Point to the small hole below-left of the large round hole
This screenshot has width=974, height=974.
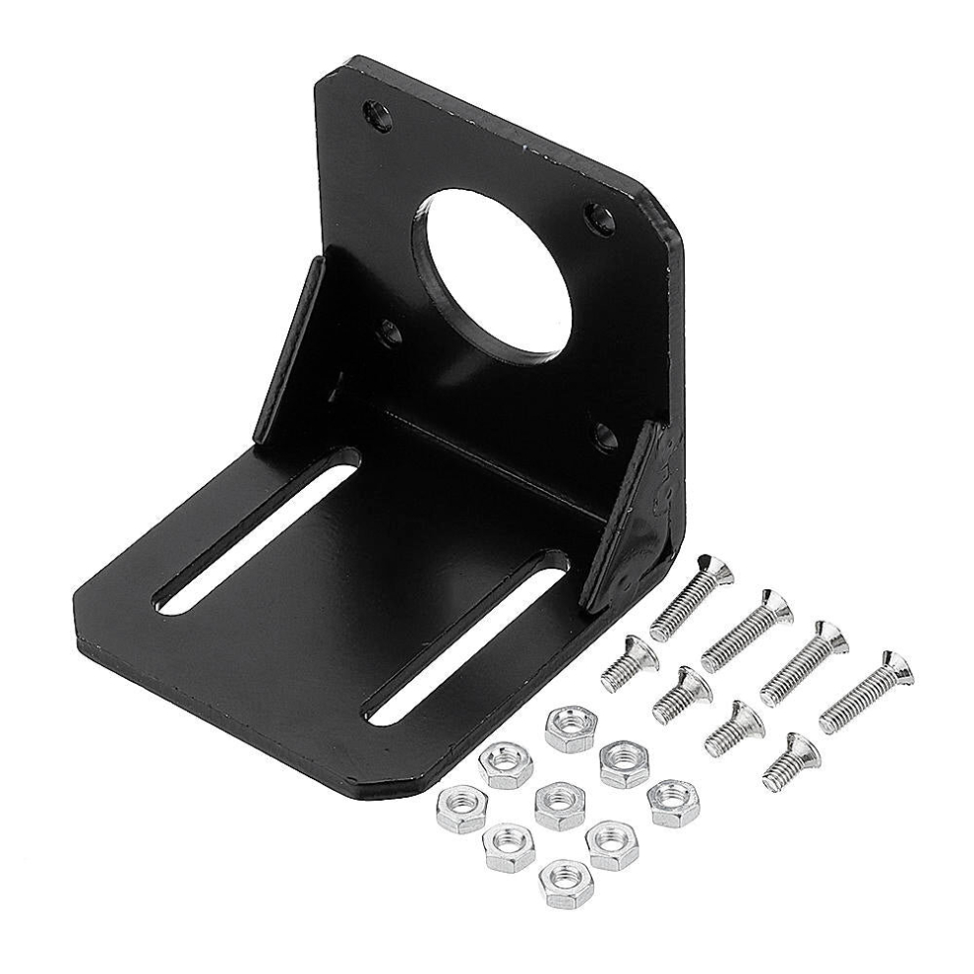(391, 334)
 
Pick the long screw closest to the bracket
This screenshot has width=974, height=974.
(691, 597)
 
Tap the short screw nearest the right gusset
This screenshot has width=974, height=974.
(630, 663)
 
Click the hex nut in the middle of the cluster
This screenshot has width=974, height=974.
(559, 805)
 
